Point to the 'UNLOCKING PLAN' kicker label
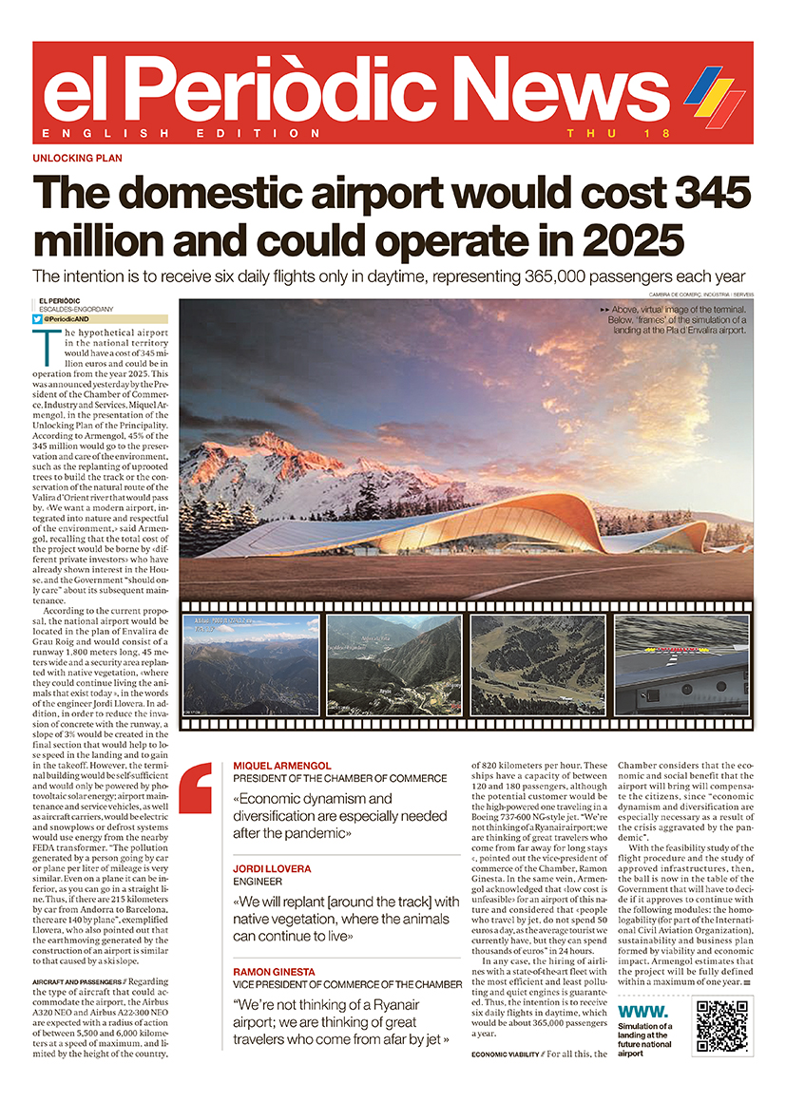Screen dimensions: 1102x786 77,159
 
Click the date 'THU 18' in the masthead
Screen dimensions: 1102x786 595,134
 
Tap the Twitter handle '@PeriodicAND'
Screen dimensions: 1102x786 67,320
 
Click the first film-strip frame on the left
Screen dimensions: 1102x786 251,665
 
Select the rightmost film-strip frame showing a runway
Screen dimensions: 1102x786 681,665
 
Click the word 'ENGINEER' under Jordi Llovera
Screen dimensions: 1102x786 253,881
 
